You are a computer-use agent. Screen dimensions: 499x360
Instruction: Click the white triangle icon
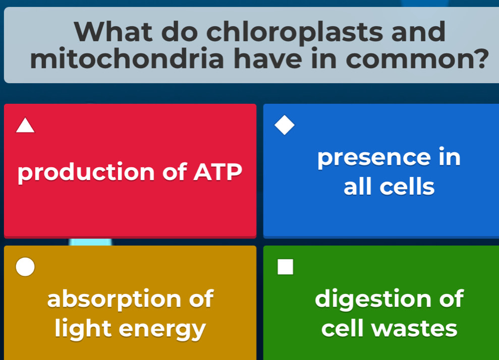pos(25,125)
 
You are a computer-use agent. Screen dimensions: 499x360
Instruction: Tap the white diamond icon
pos(285,125)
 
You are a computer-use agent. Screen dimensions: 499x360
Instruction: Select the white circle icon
pos(25,267)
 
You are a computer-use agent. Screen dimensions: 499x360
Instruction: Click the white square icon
pos(285,267)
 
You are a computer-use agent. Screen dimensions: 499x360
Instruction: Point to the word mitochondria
pos(127,58)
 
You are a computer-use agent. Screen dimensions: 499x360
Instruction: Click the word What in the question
pos(114,31)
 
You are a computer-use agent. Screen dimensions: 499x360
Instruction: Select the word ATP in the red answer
pos(218,172)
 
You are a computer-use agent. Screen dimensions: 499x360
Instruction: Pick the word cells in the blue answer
pos(407,187)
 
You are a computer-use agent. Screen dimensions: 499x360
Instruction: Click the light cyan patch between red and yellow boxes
pos(90,242)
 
